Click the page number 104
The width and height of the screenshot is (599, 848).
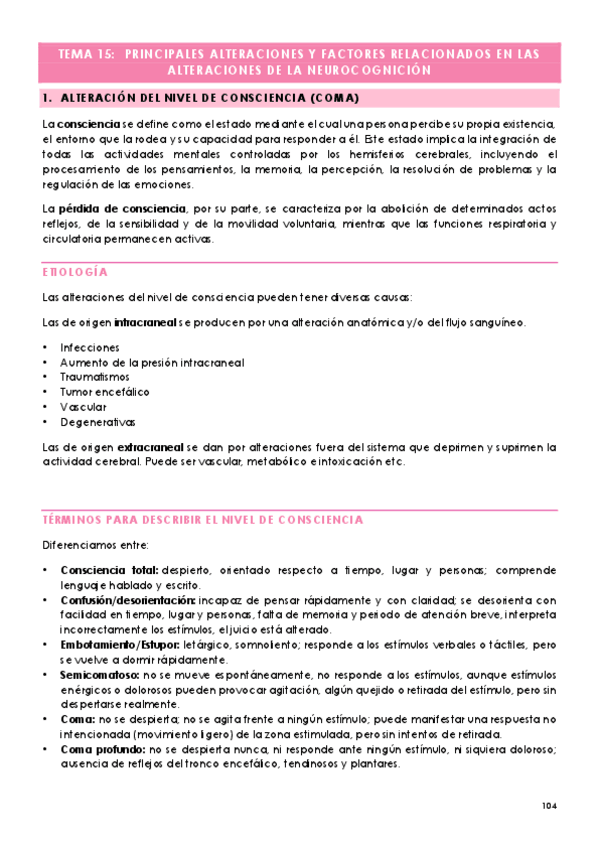pyautogui.click(x=549, y=806)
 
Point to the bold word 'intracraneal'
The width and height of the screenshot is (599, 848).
pyautogui.click(x=145, y=322)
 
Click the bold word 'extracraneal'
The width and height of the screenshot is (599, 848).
pyautogui.click(x=148, y=447)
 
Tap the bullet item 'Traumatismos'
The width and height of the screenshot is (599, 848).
pyautogui.click(x=95, y=377)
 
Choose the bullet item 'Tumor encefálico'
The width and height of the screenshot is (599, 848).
pyautogui.click(x=104, y=392)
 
